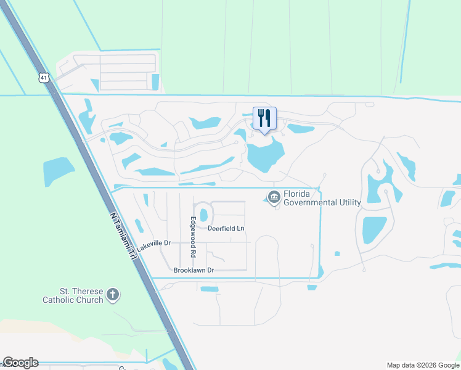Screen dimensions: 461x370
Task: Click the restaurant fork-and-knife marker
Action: (x=265, y=118)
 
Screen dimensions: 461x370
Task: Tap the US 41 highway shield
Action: (x=42, y=77)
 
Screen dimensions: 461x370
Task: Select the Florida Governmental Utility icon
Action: (x=274, y=197)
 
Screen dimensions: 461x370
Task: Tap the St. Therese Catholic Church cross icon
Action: (x=112, y=294)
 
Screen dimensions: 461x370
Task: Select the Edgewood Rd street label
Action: (x=193, y=237)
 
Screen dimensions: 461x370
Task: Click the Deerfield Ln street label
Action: (x=226, y=228)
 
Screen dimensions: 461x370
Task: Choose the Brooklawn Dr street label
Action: (x=193, y=270)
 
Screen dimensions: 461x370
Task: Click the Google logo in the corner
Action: (x=20, y=363)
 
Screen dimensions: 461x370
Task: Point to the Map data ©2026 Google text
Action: (x=423, y=365)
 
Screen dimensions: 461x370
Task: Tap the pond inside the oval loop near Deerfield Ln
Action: (x=203, y=214)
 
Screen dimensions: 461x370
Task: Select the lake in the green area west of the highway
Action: (x=59, y=171)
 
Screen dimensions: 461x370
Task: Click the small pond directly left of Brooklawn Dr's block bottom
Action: (x=210, y=289)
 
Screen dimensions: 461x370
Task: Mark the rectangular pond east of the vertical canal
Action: (x=374, y=229)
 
